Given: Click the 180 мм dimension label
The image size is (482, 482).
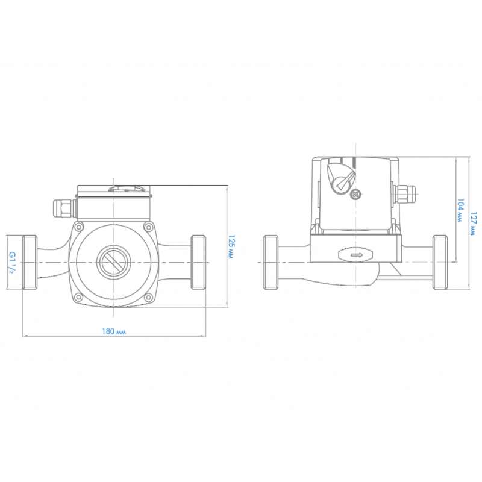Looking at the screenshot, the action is (x=114, y=331).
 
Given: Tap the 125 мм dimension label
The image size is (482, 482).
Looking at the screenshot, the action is (x=231, y=247).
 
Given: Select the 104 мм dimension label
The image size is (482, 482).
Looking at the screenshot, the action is (x=460, y=210).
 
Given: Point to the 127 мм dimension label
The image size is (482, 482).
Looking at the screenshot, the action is (x=474, y=224).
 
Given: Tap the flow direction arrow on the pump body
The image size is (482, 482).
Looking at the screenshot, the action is (x=357, y=255).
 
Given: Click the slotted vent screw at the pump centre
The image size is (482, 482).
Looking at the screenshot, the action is (x=114, y=262).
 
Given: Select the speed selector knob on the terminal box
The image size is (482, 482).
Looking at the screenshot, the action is (x=341, y=178).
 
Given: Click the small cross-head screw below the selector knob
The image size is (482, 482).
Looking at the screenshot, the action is (x=355, y=194).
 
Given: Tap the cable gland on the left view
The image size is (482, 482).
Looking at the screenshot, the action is (x=64, y=208).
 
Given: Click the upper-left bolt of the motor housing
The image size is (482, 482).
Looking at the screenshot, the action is (x=80, y=227).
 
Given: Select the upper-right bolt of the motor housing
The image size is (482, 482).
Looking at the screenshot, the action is (x=148, y=227).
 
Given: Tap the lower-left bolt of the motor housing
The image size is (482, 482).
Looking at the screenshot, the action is (x=80, y=297).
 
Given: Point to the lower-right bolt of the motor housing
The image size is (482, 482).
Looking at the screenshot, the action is (x=148, y=297).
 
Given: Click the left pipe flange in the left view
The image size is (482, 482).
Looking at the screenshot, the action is (x=30, y=262).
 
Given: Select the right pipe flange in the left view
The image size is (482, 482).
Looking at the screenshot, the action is (x=198, y=262).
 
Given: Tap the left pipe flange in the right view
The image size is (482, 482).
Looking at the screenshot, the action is (x=271, y=262).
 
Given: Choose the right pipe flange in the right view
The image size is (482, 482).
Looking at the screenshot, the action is (x=440, y=262).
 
